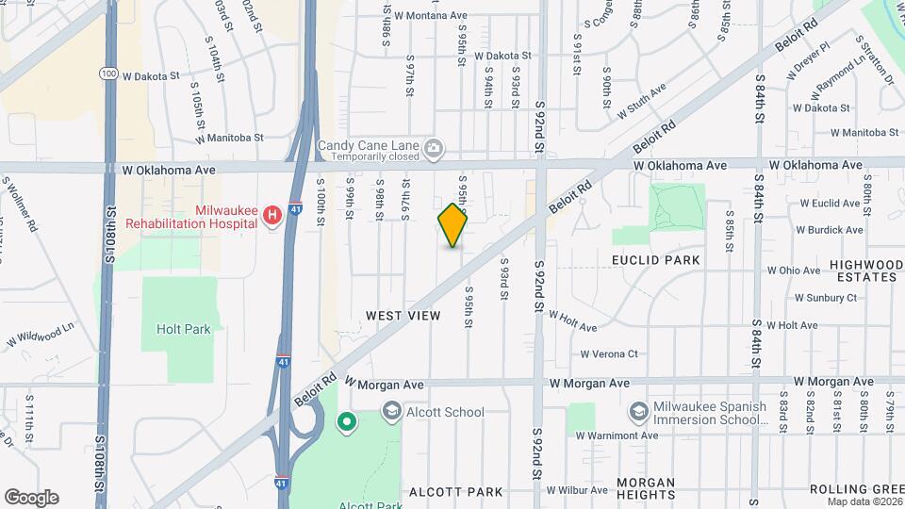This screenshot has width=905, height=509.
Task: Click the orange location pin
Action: point(452,224)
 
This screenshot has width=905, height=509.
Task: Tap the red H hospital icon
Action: point(272,216)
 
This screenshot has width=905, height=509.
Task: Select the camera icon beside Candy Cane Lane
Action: point(434,146)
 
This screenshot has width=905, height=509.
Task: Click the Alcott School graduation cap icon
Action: point(391,411)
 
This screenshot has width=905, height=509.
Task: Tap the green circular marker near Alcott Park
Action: point(346,421)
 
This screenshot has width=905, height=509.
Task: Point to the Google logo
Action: point(31,497)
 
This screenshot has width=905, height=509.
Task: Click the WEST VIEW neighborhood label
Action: point(403,316)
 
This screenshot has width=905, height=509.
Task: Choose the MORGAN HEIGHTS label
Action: point(646,487)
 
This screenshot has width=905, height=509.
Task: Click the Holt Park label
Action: point(183,329)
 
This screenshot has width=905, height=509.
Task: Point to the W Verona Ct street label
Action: point(609,354)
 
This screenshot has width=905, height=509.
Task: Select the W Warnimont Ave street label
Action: point(617,435)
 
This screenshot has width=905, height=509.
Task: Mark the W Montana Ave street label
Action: point(431,16)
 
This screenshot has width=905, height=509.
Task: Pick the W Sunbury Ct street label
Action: point(826,298)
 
